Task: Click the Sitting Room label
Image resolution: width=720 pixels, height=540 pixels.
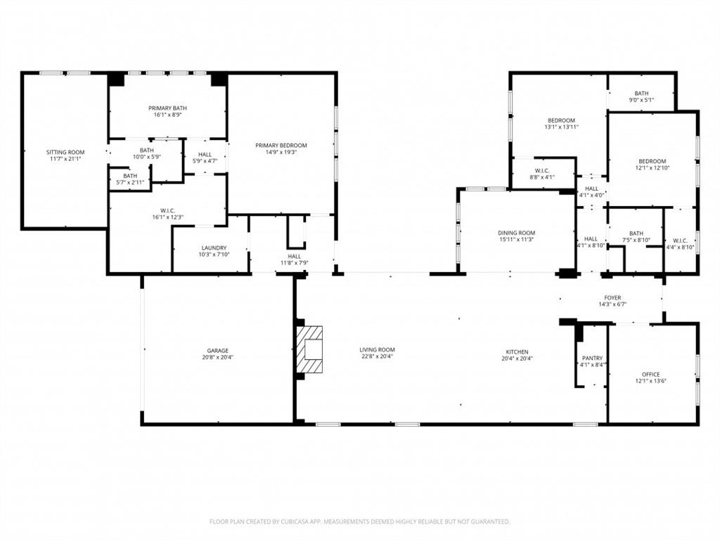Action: (65, 152)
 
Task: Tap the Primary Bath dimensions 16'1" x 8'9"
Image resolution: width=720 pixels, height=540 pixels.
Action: (167, 115)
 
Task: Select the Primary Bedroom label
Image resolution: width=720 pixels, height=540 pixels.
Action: (281, 146)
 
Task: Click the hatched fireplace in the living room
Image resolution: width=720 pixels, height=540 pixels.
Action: (310, 349)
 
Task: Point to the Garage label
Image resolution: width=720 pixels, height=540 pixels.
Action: (217, 350)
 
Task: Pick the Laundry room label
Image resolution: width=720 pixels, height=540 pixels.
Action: (214, 247)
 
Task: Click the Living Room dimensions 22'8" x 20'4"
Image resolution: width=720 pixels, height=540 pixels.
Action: (378, 357)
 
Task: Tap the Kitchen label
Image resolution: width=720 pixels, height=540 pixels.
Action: (517, 352)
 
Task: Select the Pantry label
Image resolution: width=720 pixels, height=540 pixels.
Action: (592, 358)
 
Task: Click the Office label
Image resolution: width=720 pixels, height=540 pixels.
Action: (650, 374)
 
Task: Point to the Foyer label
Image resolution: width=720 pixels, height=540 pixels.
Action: (612, 297)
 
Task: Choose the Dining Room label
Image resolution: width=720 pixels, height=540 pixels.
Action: (517, 233)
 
